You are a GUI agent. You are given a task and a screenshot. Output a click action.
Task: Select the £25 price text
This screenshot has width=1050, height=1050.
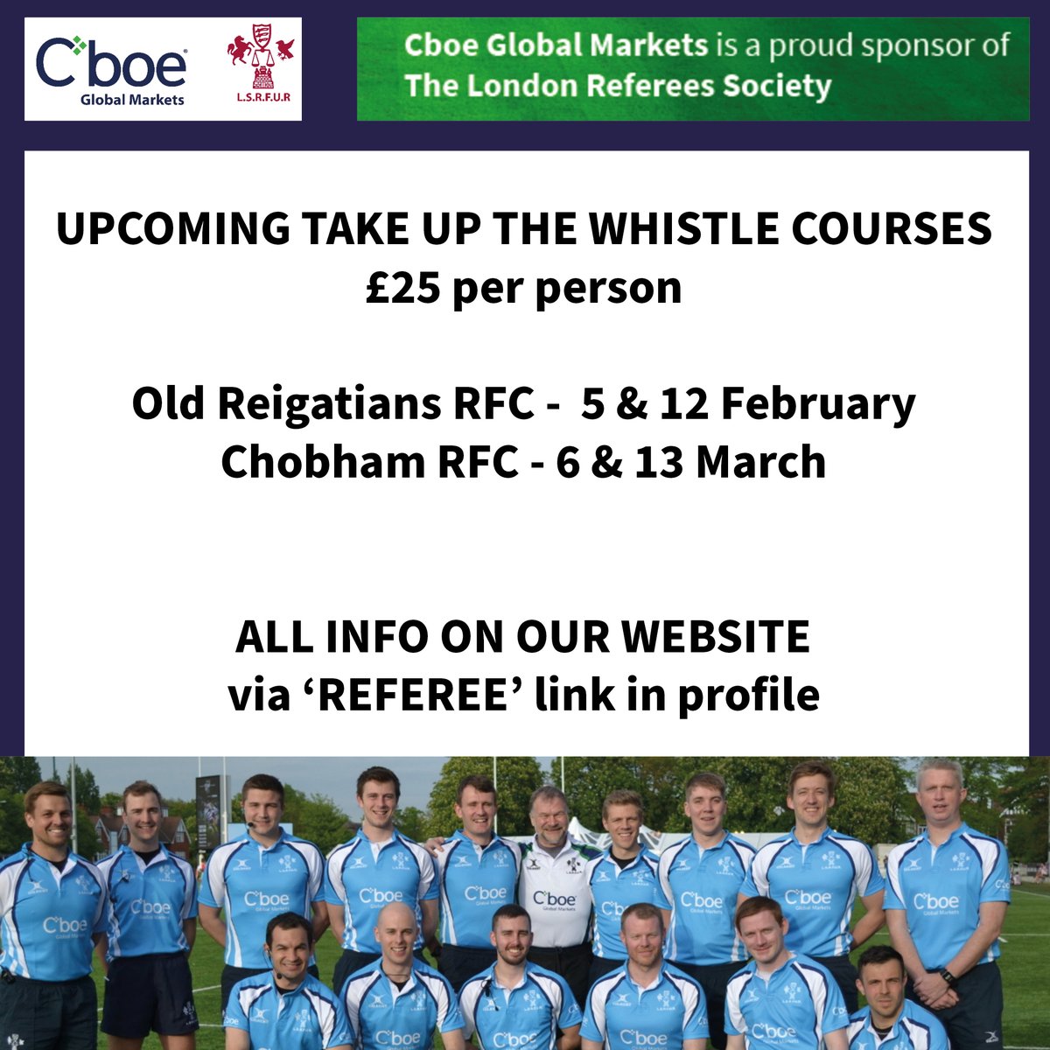point(403,288)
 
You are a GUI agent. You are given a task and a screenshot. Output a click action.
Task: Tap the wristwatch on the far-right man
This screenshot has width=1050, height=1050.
point(948,976)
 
